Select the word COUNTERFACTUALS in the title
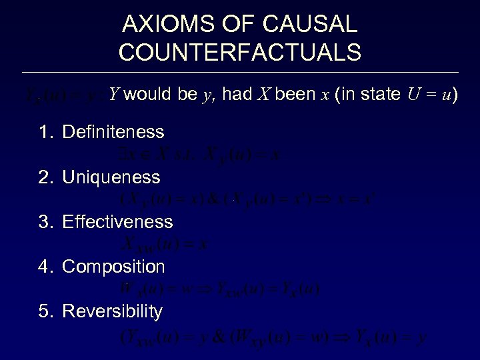240,51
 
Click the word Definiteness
113,132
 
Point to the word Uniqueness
111,177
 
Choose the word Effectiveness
117,221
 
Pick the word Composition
113,267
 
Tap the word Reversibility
112,311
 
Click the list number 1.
44,132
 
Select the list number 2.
44,177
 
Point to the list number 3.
44,221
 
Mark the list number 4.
44,267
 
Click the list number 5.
44,311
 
